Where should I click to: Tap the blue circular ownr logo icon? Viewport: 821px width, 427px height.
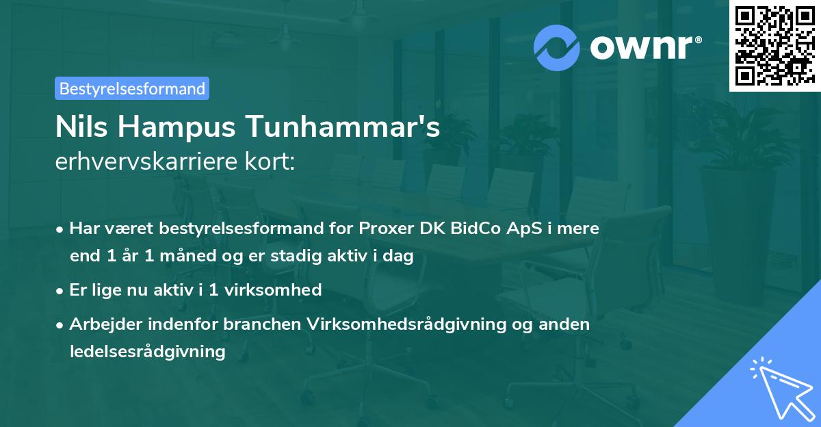coord(557,47)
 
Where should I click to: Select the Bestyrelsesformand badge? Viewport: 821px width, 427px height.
coord(132,88)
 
